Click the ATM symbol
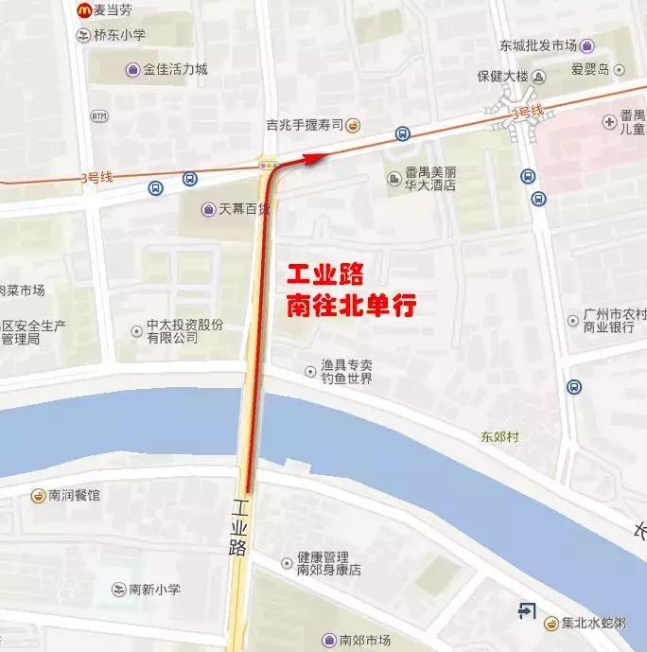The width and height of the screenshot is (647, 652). click(x=99, y=116)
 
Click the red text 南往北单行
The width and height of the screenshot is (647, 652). click(x=352, y=306)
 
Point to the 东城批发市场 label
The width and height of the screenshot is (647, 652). click(x=537, y=45)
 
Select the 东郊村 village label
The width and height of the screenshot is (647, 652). click(x=500, y=437)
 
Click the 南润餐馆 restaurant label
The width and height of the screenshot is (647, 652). click(x=74, y=495)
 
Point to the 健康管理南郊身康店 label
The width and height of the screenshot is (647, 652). click(x=328, y=563)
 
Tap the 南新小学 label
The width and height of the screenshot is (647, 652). click(x=151, y=590)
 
